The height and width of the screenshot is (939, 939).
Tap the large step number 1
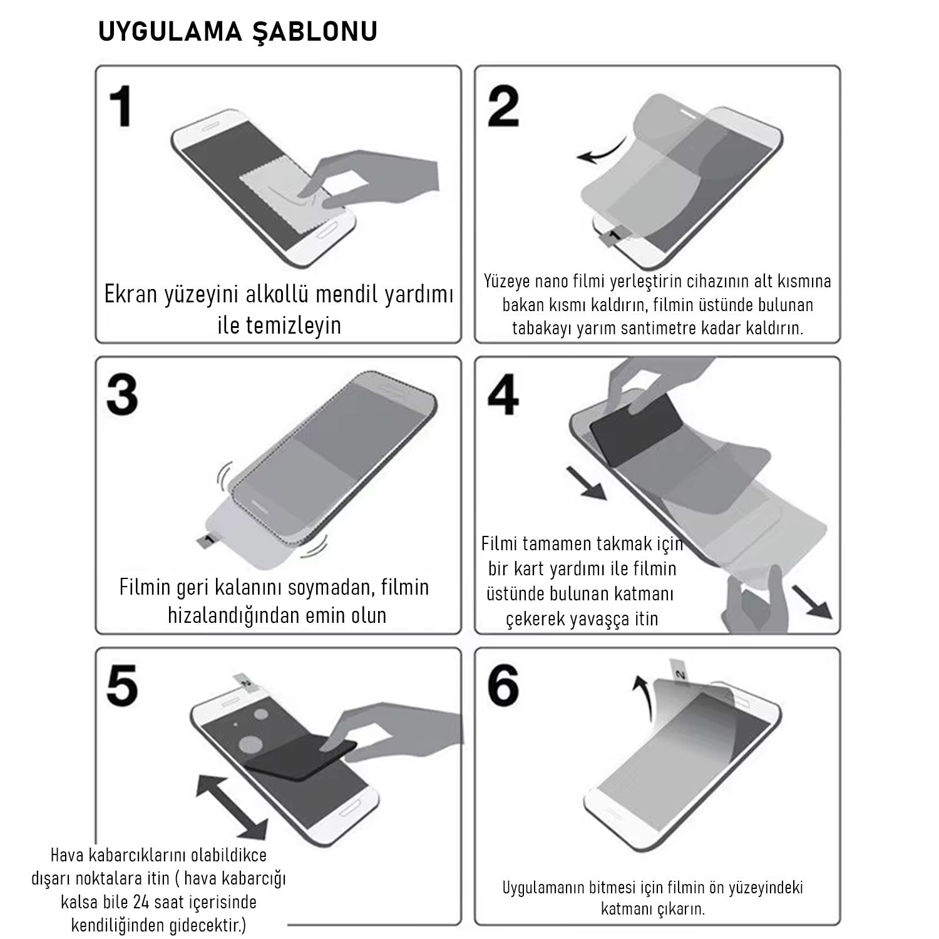click(x=121, y=106)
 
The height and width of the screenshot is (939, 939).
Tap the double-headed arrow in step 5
click(x=232, y=806)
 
